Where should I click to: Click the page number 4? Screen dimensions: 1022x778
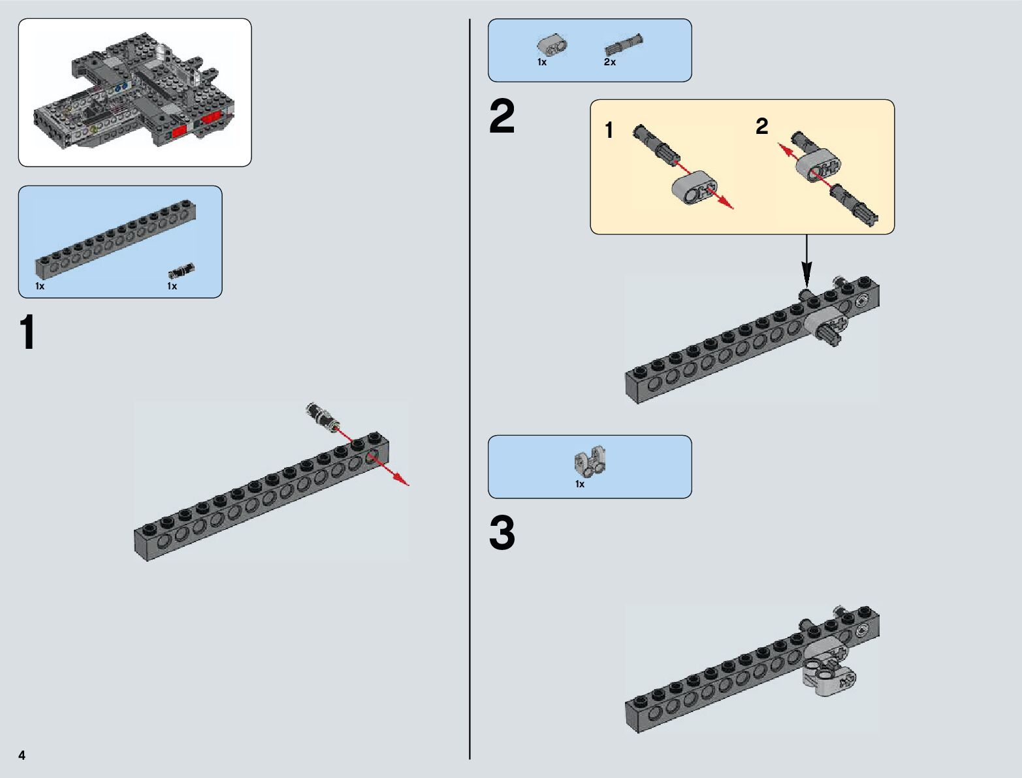tap(22, 755)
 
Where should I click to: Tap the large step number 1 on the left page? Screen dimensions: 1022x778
tap(27, 333)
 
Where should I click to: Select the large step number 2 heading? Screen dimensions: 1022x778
tap(502, 118)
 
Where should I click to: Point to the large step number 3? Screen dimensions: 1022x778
tap(502, 534)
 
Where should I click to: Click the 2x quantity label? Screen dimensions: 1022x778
tap(609, 62)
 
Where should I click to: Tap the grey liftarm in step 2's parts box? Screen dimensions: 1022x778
tap(552, 44)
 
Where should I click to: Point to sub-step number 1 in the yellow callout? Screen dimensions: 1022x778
tap(609, 131)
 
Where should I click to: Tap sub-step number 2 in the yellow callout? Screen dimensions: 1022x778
tap(761, 126)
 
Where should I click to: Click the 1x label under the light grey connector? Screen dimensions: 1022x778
tap(580, 484)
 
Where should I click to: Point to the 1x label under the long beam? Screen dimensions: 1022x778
tap(40, 286)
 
